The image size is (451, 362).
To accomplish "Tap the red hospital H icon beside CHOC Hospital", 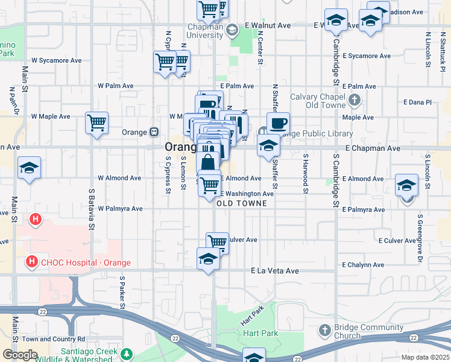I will pos(30,262).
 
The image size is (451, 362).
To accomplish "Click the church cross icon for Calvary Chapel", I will pos(355,100).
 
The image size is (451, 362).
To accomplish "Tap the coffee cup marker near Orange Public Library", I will pos(278,124).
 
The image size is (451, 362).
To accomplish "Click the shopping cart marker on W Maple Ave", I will pos(96,123).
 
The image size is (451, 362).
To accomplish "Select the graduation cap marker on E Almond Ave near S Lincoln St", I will pos(407,185).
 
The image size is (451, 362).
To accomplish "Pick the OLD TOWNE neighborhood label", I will pos(241,204).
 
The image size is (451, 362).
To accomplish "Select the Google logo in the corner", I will pos(20,355).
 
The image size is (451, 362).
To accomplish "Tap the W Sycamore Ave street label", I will pos(57,60).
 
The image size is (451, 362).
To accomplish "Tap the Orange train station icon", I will pos(154,132).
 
